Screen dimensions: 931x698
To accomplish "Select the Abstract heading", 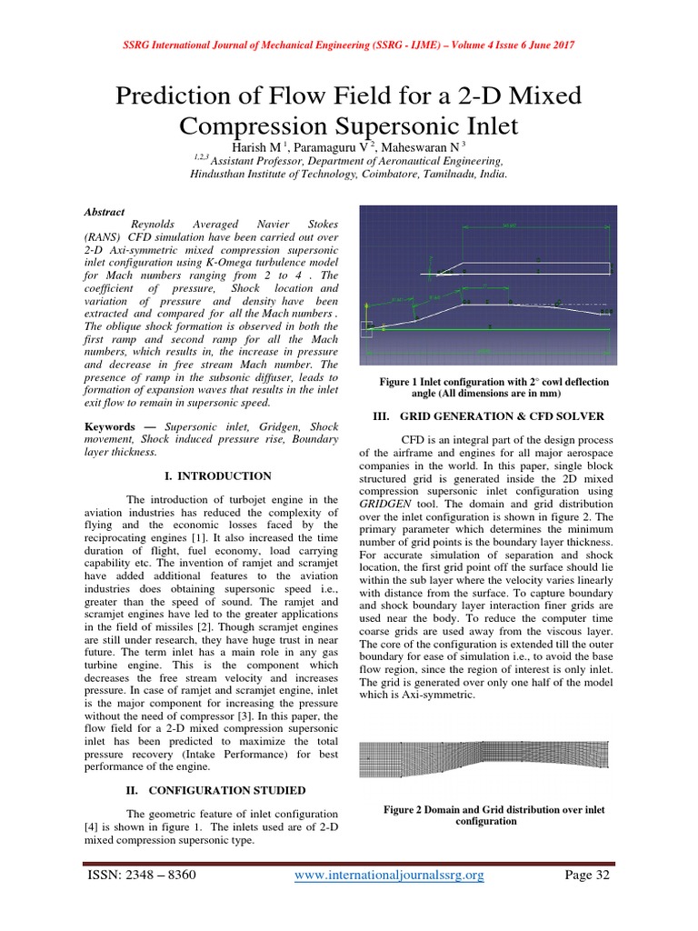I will pos(104,210).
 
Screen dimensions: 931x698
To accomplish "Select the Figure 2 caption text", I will pos(494,815).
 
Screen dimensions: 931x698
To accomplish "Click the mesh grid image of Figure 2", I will pos(485,760).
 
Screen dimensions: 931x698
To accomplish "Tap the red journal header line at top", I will pos(348,45).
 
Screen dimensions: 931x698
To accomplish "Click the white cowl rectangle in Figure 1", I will pos(536,267).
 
